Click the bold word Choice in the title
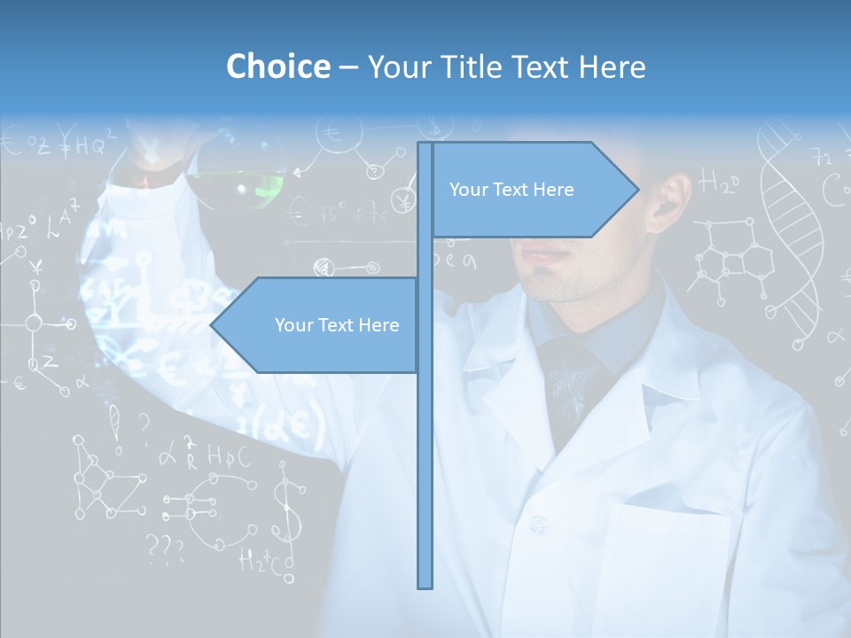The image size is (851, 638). (x=277, y=66)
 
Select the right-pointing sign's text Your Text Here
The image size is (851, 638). (x=511, y=190)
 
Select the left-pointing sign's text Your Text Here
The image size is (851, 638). (x=337, y=325)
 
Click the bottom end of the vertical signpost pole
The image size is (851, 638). (x=425, y=585)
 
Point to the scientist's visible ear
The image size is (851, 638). (x=673, y=199)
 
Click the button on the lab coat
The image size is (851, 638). (x=538, y=524)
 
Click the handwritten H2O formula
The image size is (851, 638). (x=719, y=183)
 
